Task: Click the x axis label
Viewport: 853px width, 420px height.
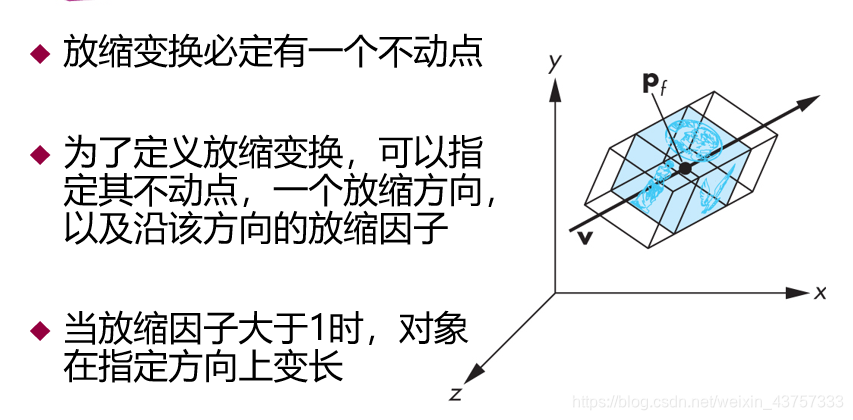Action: click(819, 292)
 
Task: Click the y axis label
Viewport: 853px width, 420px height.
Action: click(552, 64)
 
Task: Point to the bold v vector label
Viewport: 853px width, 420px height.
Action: click(584, 238)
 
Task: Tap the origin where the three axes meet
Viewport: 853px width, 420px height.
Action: click(554, 292)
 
